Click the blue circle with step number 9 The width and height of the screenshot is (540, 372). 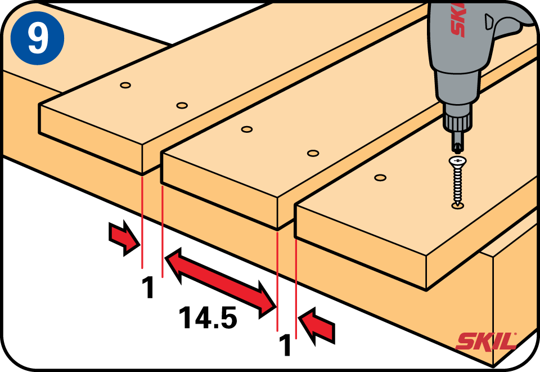click(x=37, y=38)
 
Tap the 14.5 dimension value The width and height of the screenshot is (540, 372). click(x=208, y=317)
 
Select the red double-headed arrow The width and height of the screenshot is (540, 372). click(x=221, y=283)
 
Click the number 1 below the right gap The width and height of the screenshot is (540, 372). click(x=285, y=345)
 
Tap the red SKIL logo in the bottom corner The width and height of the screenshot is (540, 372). click(x=486, y=341)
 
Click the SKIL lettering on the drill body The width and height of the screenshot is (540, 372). click(x=458, y=19)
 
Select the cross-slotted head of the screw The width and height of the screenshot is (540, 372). click(x=458, y=161)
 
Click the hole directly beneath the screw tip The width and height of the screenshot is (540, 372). click(x=458, y=206)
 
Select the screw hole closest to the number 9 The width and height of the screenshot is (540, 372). click(x=125, y=85)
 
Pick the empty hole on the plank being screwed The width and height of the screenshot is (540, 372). click(x=380, y=178)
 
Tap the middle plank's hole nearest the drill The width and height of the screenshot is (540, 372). click(x=313, y=153)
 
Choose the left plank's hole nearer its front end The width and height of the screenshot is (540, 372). click(x=182, y=105)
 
